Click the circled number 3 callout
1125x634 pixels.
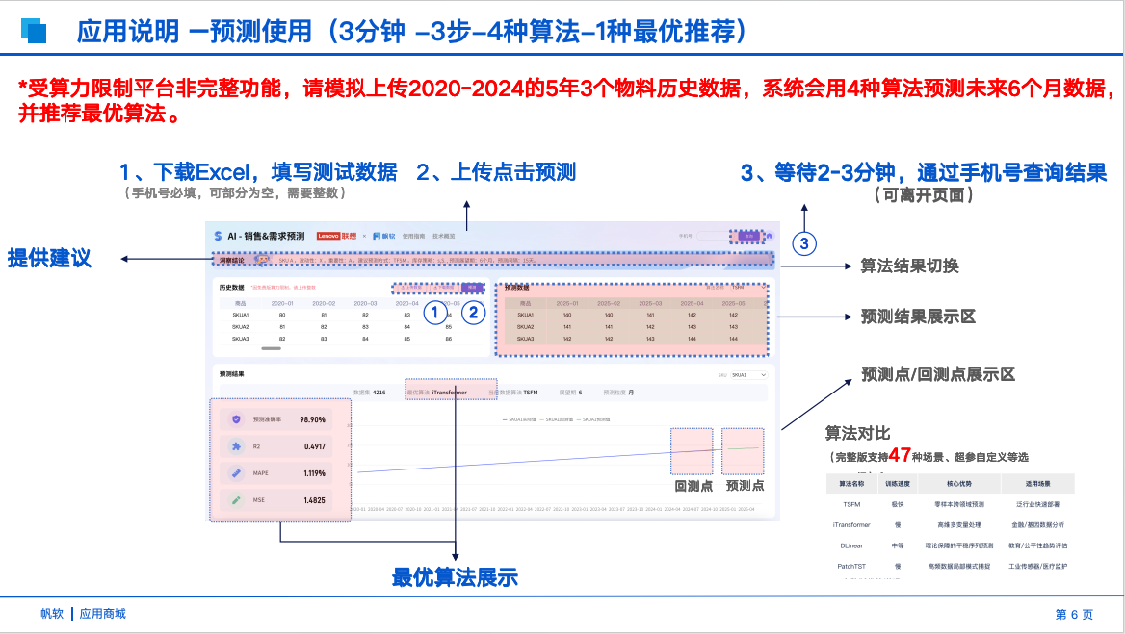805,243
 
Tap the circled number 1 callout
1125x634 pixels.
435,312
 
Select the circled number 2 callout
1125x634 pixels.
473,312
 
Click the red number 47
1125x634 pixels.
900,455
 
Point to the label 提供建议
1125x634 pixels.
49,258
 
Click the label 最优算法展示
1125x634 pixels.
455,577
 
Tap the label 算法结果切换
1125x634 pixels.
909,266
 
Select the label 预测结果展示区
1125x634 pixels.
918,317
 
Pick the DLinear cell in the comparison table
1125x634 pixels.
851,545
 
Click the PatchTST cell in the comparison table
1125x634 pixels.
851,567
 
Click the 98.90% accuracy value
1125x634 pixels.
312,419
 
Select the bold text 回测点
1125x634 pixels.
693,486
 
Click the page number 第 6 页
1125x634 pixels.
1074,614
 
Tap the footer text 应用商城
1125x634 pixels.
103,614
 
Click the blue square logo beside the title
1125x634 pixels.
35,31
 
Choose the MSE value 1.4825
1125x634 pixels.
314,500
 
